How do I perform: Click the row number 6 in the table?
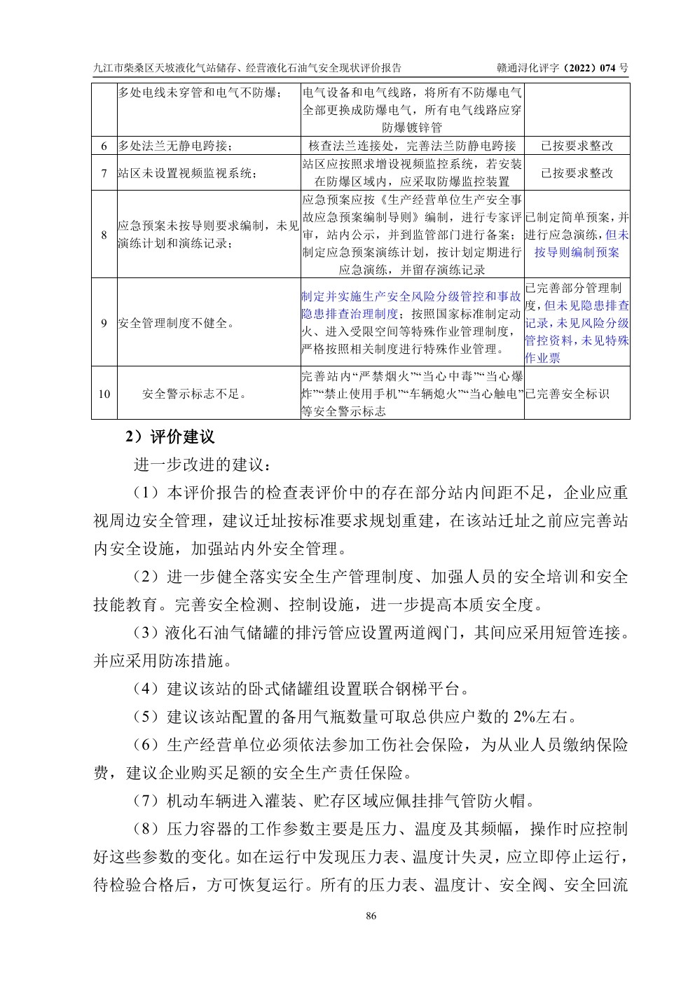(x=104, y=146)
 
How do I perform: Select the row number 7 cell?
(x=104, y=173)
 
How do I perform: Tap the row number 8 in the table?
(x=104, y=235)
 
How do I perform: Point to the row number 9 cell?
(x=104, y=323)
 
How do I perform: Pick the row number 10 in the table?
(x=104, y=394)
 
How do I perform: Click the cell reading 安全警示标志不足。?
(x=195, y=394)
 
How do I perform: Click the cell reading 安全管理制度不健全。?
(x=177, y=323)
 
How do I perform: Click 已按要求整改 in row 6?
(x=577, y=146)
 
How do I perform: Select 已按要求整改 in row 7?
(x=577, y=173)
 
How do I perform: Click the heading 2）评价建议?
(x=170, y=437)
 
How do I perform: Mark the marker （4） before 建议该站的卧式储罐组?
(x=149, y=689)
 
